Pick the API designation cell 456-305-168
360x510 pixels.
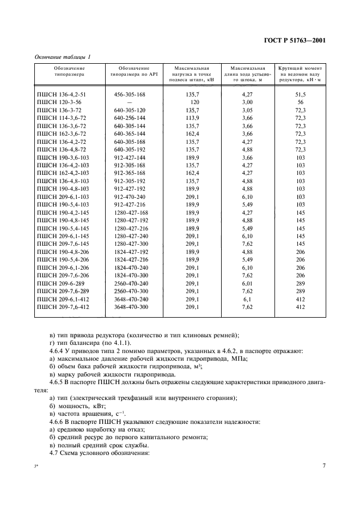130,94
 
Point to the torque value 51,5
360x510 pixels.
299,94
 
